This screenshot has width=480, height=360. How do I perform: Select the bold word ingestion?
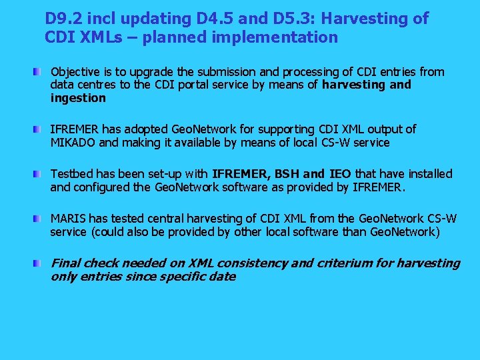click(x=78, y=99)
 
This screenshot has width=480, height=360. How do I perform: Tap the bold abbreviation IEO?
click(x=340, y=174)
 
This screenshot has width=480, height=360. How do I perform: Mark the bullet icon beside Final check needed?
click(x=41, y=263)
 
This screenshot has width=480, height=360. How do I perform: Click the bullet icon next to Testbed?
click(x=41, y=174)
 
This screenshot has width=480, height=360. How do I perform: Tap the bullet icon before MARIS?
click(x=41, y=219)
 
